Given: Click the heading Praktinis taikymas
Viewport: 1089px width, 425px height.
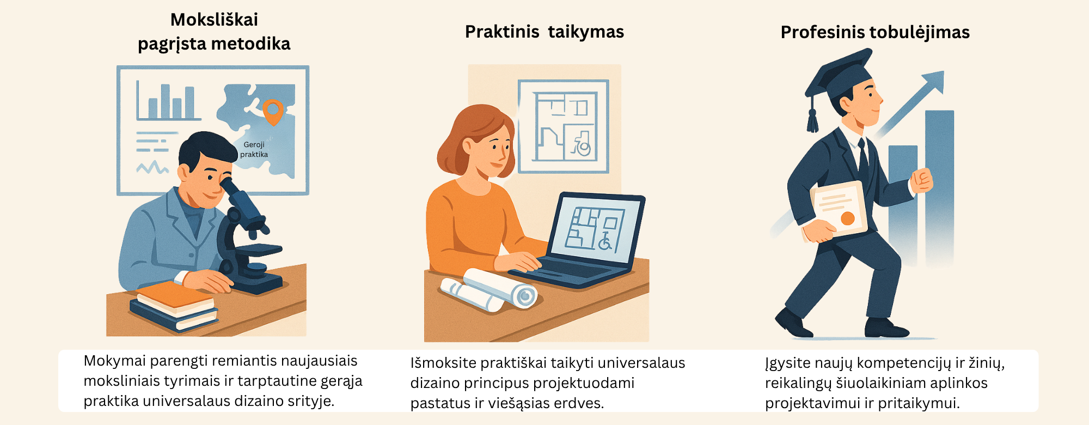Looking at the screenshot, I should pyautogui.click(x=544, y=32).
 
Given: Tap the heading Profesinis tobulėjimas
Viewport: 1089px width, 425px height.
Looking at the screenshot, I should pyautogui.click(x=875, y=33).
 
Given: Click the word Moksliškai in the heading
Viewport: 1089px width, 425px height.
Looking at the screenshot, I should pyautogui.click(x=214, y=20).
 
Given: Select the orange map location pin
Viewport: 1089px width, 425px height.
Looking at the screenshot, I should pyautogui.click(x=272, y=111).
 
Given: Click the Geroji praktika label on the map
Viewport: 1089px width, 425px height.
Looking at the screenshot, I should pyautogui.click(x=254, y=149).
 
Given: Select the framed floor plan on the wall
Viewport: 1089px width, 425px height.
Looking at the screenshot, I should pyautogui.click(x=564, y=126).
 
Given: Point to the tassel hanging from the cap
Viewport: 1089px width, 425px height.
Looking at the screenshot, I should pyautogui.click(x=812, y=121).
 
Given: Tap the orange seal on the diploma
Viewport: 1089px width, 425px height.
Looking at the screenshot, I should pyautogui.click(x=847, y=218).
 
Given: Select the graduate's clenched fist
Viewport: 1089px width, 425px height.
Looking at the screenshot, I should pyautogui.click(x=922, y=180).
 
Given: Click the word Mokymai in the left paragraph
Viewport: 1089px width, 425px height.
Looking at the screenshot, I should pyautogui.click(x=114, y=361).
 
